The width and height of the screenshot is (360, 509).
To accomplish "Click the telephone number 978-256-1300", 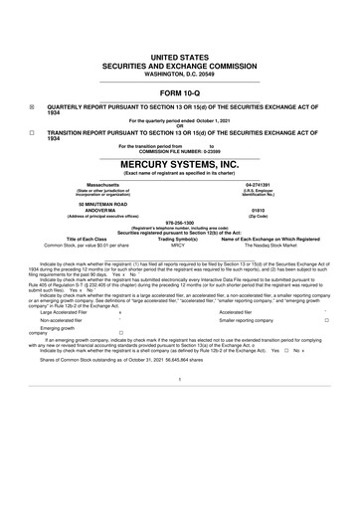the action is (180, 223).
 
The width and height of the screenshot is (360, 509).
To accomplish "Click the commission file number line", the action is (180, 150).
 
